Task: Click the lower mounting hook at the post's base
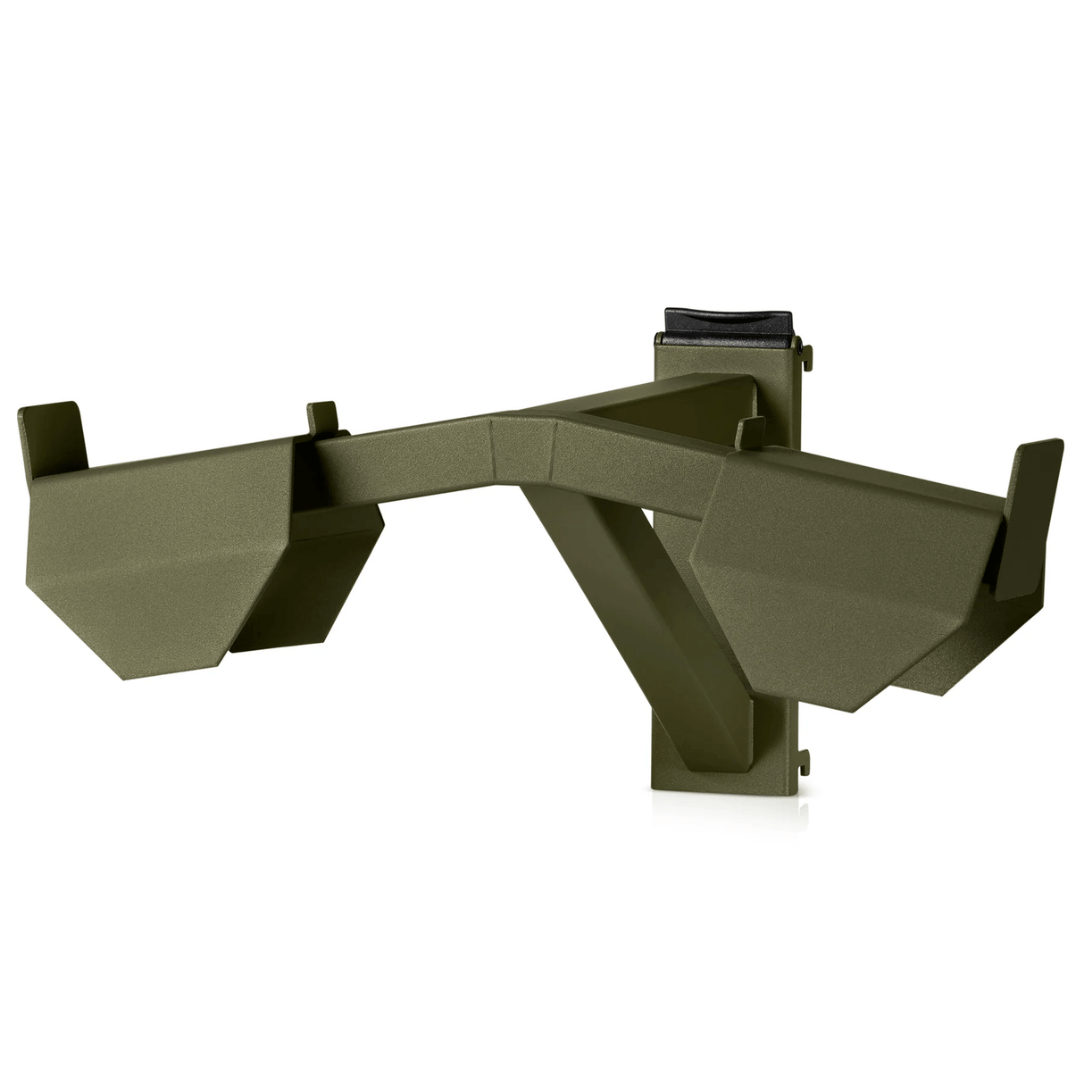(806, 759)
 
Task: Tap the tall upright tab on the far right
(1036, 473)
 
